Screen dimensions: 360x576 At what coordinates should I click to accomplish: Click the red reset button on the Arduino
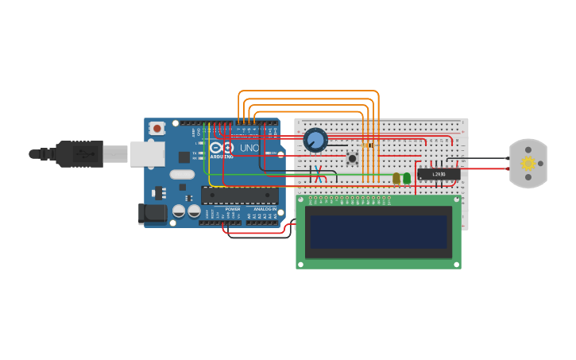pos(157,128)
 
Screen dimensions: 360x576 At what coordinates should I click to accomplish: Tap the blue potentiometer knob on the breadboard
pos(315,141)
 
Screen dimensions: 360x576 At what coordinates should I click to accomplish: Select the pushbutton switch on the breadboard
pos(352,159)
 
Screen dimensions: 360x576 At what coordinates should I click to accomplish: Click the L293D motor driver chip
pos(438,173)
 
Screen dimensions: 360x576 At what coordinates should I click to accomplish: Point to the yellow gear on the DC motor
pos(528,164)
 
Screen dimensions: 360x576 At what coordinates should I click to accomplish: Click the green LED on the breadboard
pos(407,178)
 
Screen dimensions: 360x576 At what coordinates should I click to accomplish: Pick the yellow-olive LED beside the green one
pos(396,178)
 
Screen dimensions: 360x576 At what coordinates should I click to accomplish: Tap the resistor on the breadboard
pos(367,145)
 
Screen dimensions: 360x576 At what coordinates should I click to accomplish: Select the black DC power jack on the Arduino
pos(152,213)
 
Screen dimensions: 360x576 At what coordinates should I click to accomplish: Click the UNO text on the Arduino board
pos(249,148)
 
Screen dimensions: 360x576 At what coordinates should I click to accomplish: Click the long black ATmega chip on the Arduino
pos(239,195)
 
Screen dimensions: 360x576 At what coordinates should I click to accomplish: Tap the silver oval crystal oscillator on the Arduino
pos(182,174)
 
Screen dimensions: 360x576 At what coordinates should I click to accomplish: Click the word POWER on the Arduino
pos(232,209)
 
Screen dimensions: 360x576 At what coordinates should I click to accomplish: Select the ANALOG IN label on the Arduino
pos(265,209)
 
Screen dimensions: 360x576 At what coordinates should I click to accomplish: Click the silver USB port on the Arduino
pos(147,153)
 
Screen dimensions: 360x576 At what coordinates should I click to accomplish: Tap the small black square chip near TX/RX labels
pos(184,157)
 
